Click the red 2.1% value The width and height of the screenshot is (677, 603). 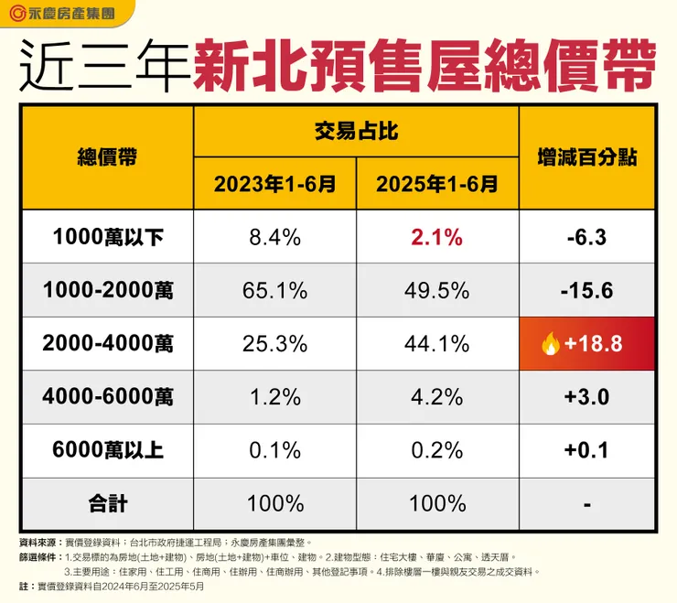(436, 238)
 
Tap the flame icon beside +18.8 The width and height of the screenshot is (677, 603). (551, 344)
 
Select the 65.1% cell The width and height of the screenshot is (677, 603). (274, 291)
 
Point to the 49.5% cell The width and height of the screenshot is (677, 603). (436, 291)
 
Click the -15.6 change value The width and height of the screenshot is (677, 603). (586, 291)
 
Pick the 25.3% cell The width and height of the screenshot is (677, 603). (274, 344)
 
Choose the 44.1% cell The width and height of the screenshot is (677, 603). (436, 344)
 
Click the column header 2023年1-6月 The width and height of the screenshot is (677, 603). (274, 184)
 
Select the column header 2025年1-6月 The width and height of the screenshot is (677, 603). (436, 184)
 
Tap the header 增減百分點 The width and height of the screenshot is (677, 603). (586, 157)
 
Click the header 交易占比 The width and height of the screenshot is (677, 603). (356, 132)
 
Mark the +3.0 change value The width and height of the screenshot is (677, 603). (586, 397)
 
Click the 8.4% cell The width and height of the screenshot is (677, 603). (274, 238)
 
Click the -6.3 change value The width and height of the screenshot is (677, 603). (586, 238)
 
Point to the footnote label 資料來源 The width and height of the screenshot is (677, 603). (38, 543)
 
